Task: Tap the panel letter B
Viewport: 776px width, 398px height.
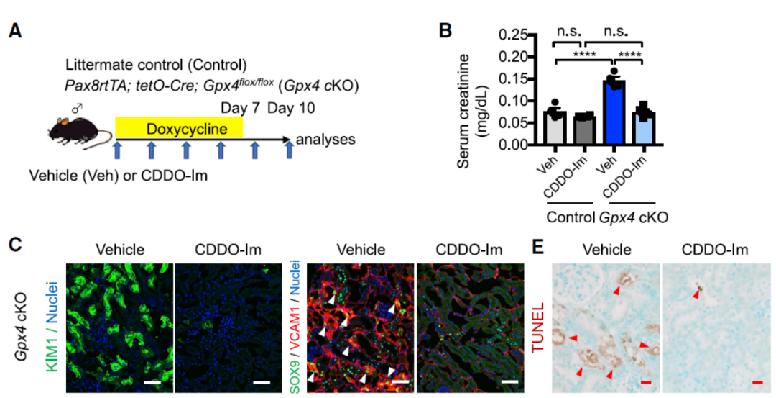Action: point(445,31)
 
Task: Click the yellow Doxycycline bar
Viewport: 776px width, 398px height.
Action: point(180,130)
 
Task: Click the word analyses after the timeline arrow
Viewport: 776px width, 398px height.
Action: point(325,139)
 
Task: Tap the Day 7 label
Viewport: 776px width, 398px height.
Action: point(239,108)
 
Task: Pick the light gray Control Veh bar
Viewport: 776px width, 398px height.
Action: point(554,128)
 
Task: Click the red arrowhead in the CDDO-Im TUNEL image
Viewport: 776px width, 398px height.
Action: point(697,292)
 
